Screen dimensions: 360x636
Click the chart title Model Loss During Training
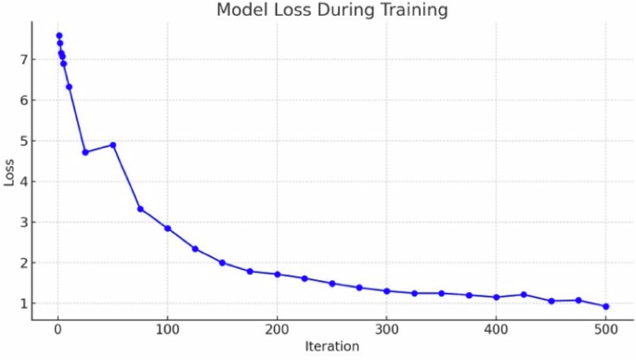click(x=331, y=11)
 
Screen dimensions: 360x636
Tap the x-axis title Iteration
click(x=331, y=347)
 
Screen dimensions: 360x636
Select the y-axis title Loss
click(x=10, y=172)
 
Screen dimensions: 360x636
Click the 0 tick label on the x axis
click(x=58, y=328)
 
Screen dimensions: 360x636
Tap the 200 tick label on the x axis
click(x=277, y=328)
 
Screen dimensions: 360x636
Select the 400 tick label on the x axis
click(x=496, y=328)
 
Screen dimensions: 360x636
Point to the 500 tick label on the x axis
click(x=605, y=328)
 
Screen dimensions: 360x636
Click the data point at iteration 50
click(x=112, y=145)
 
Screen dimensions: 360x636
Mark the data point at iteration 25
click(x=85, y=152)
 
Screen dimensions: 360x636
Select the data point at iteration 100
click(x=167, y=228)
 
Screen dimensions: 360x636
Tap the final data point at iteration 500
click(x=605, y=306)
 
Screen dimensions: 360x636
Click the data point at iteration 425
click(x=524, y=294)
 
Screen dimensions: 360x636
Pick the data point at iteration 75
click(x=140, y=209)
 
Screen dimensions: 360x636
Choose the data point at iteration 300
click(x=386, y=290)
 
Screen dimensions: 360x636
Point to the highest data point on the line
click(x=58, y=35)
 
